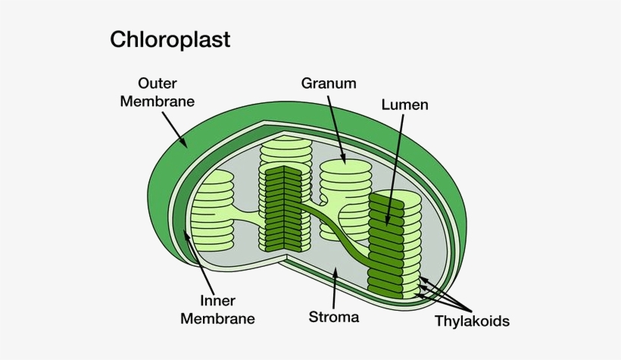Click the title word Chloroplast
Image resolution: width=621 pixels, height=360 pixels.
[170, 39]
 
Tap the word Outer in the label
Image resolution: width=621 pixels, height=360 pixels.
[158, 83]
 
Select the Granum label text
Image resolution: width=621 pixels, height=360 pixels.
[329, 83]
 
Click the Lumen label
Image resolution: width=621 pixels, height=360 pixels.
[404, 105]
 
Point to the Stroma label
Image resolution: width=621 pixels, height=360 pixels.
[334, 317]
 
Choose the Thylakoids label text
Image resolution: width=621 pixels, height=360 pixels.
[472, 321]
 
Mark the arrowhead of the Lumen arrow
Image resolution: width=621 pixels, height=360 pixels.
[388, 223]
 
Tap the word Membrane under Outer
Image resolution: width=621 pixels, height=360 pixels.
[158, 102]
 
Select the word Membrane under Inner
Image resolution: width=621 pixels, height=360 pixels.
[217, 318]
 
